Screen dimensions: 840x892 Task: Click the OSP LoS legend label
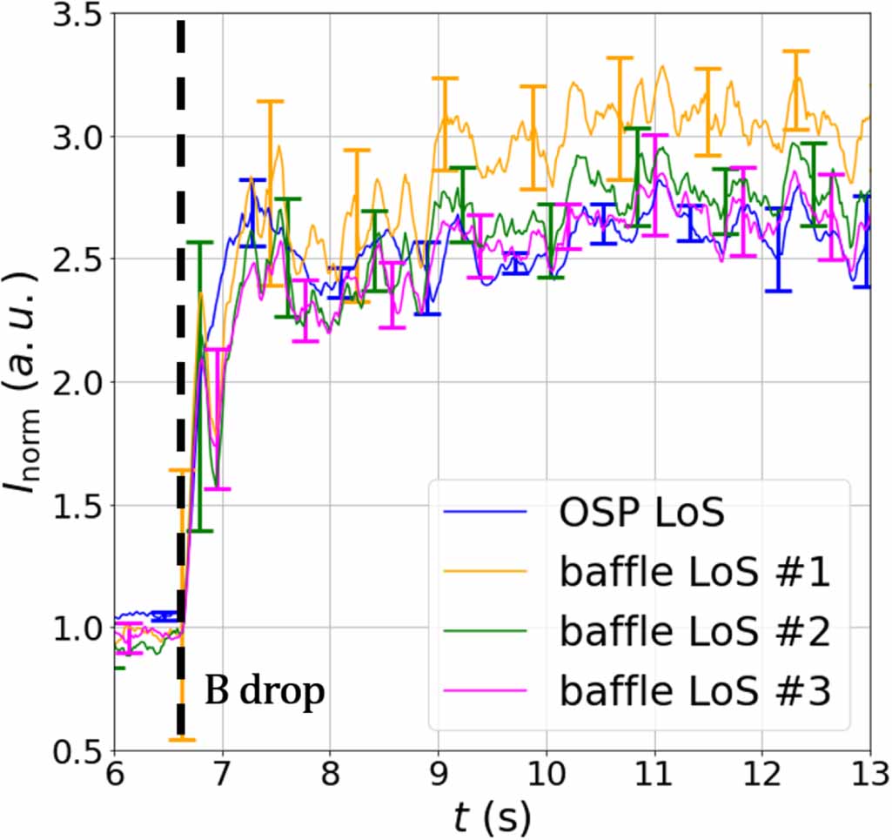(x=641, y=513)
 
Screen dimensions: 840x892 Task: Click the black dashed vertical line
(x=181, y=261)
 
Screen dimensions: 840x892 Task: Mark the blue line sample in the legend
(x=486, y=513)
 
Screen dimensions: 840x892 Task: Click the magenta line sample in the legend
(x=486, y=691)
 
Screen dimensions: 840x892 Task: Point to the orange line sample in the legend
(x=486, y=572)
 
